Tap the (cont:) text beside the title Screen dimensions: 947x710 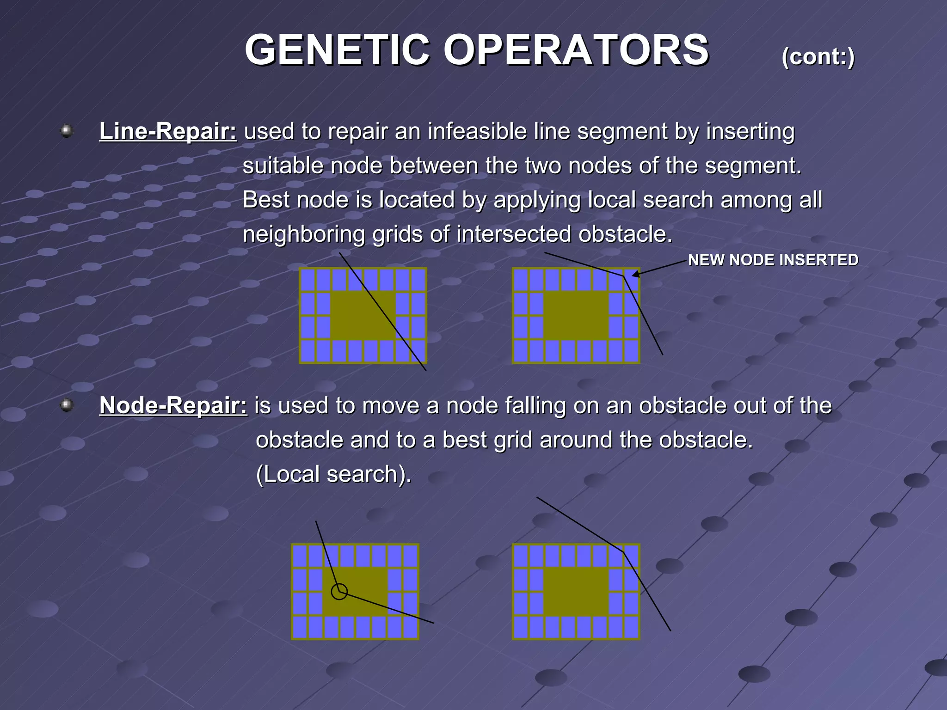coord(818,57)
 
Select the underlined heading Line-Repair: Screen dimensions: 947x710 coord(168,131)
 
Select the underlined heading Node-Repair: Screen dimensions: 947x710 coord(173,406)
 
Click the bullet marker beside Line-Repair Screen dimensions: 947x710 coord(67,131)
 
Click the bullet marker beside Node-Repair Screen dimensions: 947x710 coord(67,405)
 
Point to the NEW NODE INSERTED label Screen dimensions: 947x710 coord(773,260)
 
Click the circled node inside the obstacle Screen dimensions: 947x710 coord(339,592)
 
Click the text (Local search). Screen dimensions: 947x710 coord(333,474)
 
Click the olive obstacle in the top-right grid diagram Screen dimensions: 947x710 coord(576,315)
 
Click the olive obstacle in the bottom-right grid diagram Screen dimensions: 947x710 coord(576,592)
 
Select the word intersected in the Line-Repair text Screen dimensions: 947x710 coord(513,234)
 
